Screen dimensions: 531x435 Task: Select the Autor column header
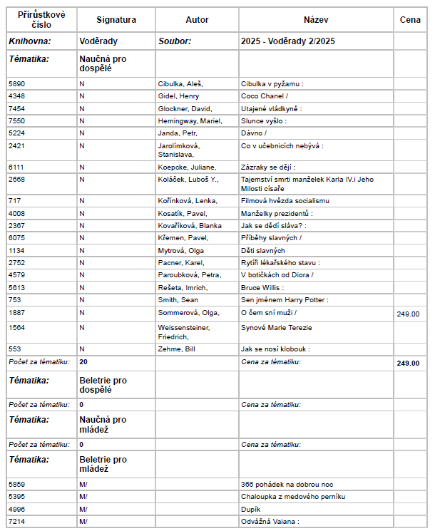click(197, 20)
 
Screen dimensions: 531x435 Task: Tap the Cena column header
click(410, 20)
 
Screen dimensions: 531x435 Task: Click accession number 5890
click(16, 83)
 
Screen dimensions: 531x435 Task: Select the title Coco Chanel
click(265, 96)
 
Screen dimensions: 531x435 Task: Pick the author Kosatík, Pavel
click(183, 213)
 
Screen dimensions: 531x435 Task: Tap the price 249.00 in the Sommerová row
click(408, 313)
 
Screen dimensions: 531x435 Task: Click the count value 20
click(83, 362)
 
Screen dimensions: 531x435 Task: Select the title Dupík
click(251, 509)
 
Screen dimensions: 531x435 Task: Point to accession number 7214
click(16, 521)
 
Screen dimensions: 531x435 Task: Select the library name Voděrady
click(98, 41)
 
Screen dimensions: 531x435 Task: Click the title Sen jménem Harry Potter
click(285, 300)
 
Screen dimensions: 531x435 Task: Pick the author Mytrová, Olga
click(181, 250)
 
